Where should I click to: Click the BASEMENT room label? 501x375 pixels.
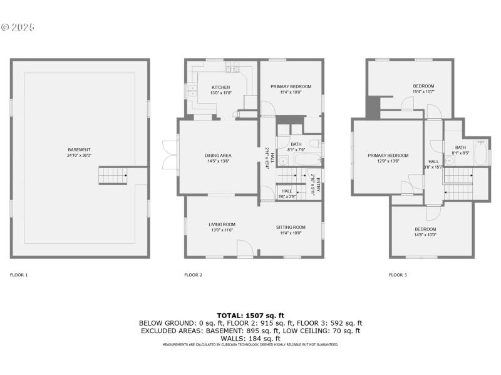pos(80,149)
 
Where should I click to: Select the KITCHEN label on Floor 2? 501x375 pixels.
pos(220,87)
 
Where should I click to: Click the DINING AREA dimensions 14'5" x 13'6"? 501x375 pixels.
pos(219,161)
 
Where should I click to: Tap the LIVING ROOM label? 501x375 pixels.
pos(222,224)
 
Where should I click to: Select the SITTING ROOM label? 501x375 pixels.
pos(291,227)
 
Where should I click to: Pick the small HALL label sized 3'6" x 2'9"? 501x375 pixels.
pos(286,191)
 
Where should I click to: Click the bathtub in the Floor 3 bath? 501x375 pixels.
pos(480,152)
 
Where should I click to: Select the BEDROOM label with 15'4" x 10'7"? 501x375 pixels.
pos(423,86)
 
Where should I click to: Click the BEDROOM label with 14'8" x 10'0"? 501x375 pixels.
pos(425,229)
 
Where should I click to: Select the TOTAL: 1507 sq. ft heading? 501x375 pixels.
pos(250,315)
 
